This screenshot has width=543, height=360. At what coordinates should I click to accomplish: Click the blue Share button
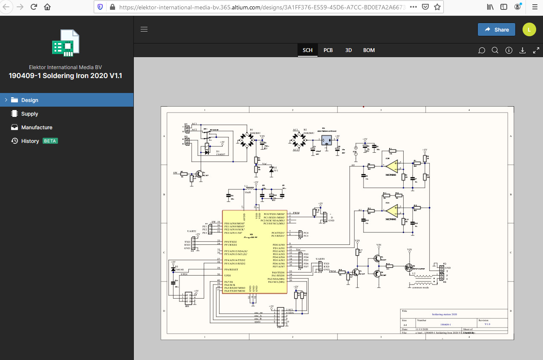(496, 29)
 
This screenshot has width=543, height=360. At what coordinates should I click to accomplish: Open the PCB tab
(328, 50)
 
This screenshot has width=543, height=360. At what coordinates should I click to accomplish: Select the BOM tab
(369, 50)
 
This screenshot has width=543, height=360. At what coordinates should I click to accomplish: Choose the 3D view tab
(348, 50)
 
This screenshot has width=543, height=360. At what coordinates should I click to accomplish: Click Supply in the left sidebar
(29, 114)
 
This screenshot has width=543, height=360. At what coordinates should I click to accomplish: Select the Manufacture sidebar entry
(37, 128)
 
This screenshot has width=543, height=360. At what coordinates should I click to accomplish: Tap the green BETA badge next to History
(50, 141)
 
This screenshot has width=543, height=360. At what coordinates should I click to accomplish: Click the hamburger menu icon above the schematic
(144, 29)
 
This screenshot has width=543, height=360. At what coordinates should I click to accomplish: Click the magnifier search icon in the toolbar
(495, 50)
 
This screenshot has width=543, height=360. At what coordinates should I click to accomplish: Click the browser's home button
(47, 7)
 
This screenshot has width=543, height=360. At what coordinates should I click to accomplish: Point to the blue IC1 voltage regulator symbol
(326, 140)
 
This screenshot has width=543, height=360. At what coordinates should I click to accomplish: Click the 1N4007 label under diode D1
(220, 154)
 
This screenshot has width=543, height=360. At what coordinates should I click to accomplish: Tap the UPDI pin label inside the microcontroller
(228, 276)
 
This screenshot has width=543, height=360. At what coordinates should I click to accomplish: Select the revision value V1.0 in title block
(487, 324)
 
